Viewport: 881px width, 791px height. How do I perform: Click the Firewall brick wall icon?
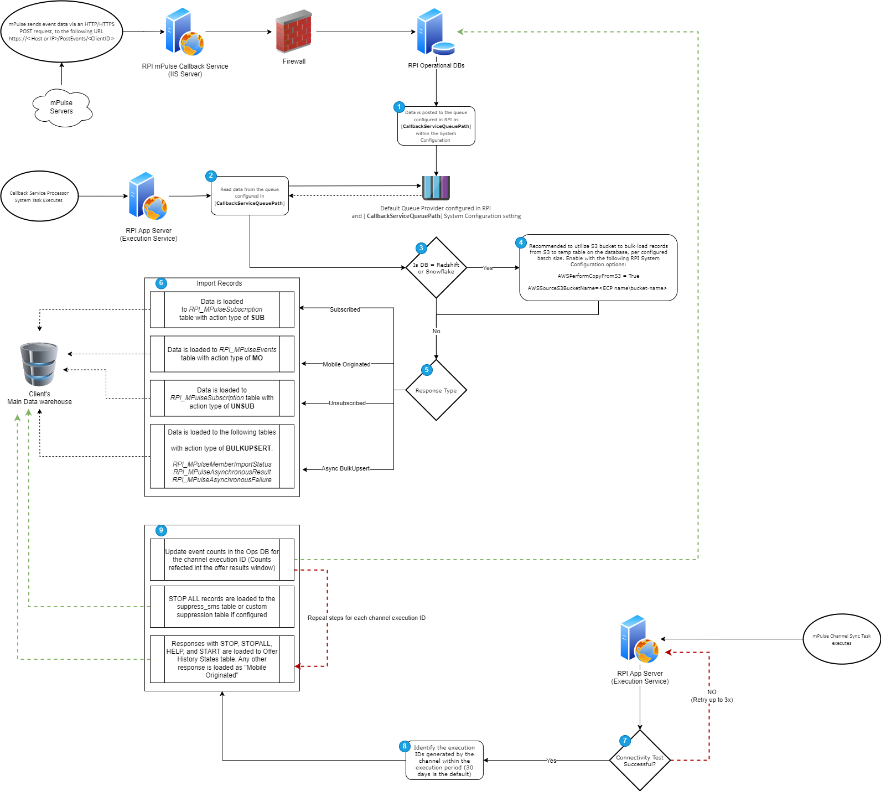click(293, 32)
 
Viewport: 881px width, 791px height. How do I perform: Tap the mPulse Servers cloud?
click(61, 107)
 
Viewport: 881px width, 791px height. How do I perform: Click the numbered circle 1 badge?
click(399, 107)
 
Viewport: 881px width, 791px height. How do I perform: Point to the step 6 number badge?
click(161, 283)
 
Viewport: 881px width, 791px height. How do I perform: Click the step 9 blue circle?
click(161, 530)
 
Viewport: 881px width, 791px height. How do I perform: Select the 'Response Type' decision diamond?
click(436, 390)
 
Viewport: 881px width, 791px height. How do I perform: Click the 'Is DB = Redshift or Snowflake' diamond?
click(436, 268)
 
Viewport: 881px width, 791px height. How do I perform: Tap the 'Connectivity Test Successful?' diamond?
click(640, 761)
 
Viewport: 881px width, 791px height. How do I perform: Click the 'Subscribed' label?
click(345, 309)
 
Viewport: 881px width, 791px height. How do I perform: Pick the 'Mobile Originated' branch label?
click(346, 364)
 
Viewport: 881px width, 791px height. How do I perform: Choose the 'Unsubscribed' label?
click(347, 403)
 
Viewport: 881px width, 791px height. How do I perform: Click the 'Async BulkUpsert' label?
click(345, 468)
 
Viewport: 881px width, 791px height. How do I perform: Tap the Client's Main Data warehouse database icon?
click(39, 364)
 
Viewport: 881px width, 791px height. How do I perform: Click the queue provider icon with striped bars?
click(436, 188)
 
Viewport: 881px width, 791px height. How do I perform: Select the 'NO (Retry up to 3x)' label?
click(712, 696)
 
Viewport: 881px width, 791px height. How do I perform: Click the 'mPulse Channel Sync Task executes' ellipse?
click(841, 639)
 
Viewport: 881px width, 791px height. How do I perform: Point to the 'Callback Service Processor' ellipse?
click(39, 197)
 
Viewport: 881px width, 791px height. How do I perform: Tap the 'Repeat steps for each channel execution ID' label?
click(366, 618)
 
